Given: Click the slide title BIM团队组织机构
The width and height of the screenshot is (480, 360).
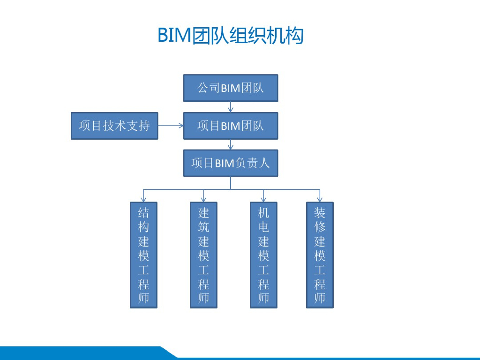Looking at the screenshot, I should tap(230, 36).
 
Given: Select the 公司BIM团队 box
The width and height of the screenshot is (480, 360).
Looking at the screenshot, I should tap(230, 88).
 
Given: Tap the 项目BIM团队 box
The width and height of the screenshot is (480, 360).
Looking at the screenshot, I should tap(230, 126).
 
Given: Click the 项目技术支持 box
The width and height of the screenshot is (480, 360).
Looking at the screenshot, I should tap(114, 126).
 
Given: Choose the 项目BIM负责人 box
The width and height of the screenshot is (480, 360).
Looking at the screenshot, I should tap(230, 163).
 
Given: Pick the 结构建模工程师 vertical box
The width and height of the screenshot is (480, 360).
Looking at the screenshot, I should tap(143, 255).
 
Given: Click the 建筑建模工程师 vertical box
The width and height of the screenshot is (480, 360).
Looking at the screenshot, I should tap(203, 255).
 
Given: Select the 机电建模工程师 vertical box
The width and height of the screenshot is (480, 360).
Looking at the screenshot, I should tap(263, 255).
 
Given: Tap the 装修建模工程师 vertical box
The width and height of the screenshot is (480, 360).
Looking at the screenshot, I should tap(320, 255).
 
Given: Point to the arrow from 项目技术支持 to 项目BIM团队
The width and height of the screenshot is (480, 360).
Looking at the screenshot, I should tap(170, 126).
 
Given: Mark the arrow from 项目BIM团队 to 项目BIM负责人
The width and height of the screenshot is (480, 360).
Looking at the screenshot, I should tap(231, 145).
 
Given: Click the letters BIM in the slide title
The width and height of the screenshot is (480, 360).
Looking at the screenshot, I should tap(174, 36).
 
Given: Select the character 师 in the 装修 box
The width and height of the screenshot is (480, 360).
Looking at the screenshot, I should tap(320, 298).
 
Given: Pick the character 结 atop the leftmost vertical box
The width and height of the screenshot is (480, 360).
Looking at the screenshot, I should tap(143, 213).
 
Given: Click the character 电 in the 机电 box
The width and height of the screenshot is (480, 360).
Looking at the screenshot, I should tap(263, 227).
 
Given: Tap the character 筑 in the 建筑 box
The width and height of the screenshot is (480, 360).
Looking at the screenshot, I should tap(203, 227).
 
